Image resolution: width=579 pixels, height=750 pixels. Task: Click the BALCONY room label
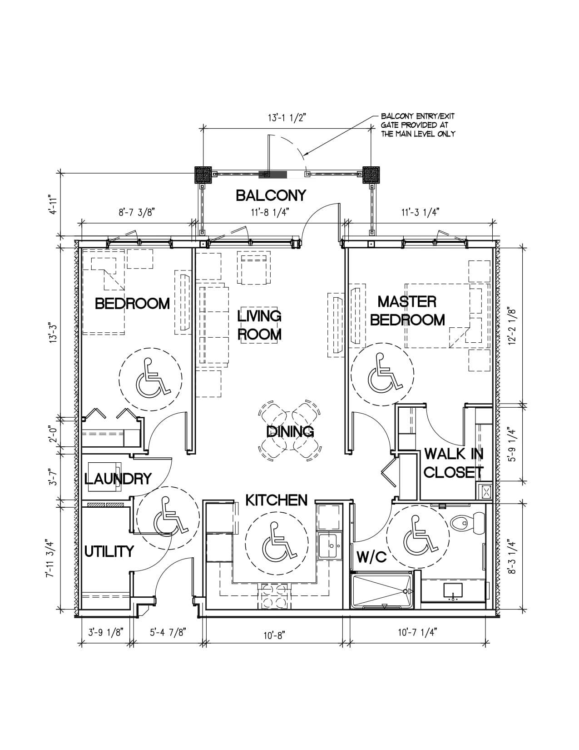click(271, 196)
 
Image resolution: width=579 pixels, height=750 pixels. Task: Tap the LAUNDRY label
click(118, 478)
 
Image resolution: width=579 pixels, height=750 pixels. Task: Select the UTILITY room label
click(109, 551)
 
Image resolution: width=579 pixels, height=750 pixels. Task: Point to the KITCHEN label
click(276, 500)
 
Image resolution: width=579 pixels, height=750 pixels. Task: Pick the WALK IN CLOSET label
click(453, 463)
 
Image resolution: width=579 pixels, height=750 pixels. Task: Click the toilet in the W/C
click(468, 523)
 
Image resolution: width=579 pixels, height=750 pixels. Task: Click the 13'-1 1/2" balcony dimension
click(287, 118)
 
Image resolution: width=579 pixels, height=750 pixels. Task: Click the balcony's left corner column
click(203, 175)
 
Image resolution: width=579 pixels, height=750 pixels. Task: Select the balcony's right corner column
click(371, 175)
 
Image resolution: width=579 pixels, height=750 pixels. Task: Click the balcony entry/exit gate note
click(418, 125)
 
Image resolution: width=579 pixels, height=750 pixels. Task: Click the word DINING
click(290, 431)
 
